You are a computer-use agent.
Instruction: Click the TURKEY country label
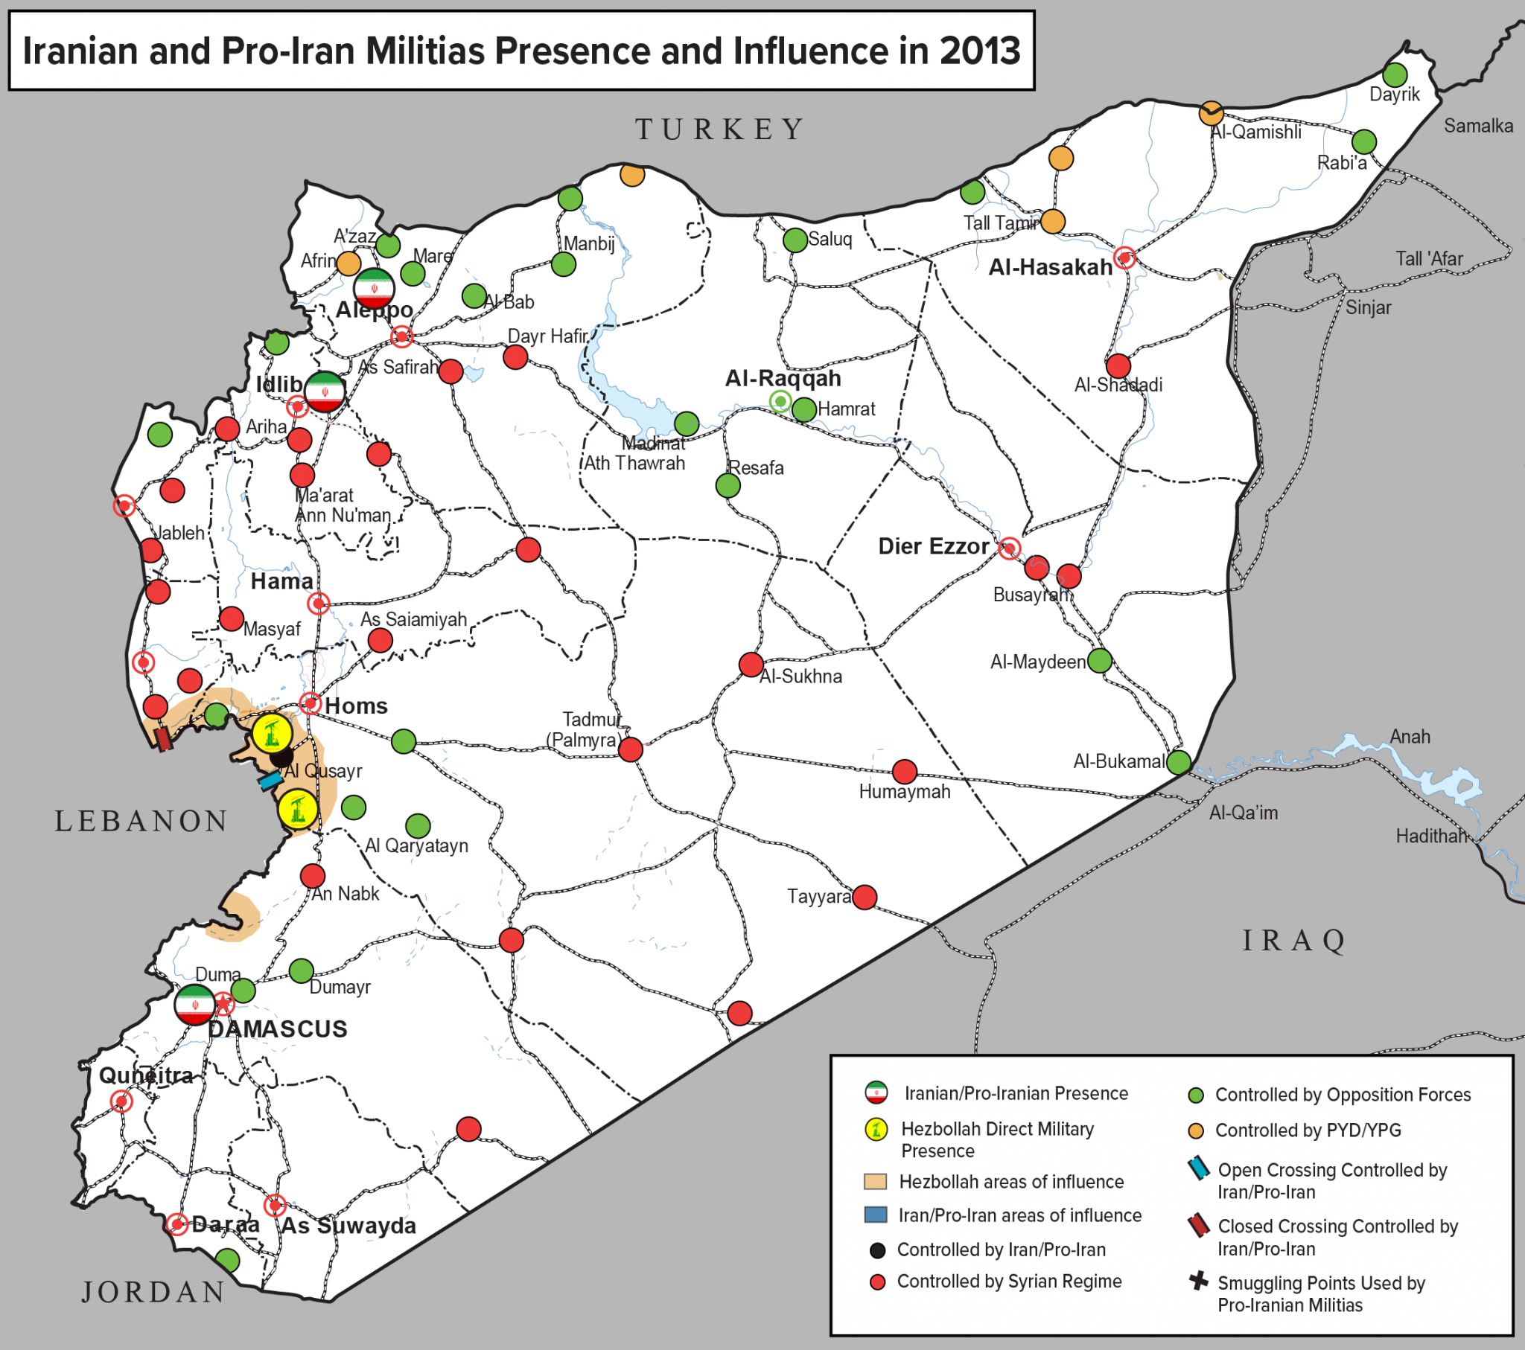720,129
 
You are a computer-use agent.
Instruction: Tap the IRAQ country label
1293,941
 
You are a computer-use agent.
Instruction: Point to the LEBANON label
141,821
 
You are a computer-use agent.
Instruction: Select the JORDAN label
153,1293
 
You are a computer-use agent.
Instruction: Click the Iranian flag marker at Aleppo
374,288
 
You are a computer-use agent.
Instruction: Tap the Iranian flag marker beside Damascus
195,1005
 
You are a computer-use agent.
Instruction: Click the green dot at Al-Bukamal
1179,762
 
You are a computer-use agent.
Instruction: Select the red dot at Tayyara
865,898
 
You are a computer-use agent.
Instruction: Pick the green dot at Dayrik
1395,74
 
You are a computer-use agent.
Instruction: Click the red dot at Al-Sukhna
751,665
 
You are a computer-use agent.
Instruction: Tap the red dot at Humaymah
905,771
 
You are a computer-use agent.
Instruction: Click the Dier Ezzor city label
933,547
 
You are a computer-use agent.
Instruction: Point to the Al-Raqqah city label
783,379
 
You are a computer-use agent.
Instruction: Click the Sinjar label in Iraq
1369,307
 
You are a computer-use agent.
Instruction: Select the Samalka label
1478,126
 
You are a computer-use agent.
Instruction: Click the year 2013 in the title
979,51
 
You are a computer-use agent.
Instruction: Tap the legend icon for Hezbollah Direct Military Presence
876,1129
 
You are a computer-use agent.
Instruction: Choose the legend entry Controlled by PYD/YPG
1307,1130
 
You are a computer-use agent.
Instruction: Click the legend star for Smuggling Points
1198,1282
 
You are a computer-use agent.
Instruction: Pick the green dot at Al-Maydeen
1100,660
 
